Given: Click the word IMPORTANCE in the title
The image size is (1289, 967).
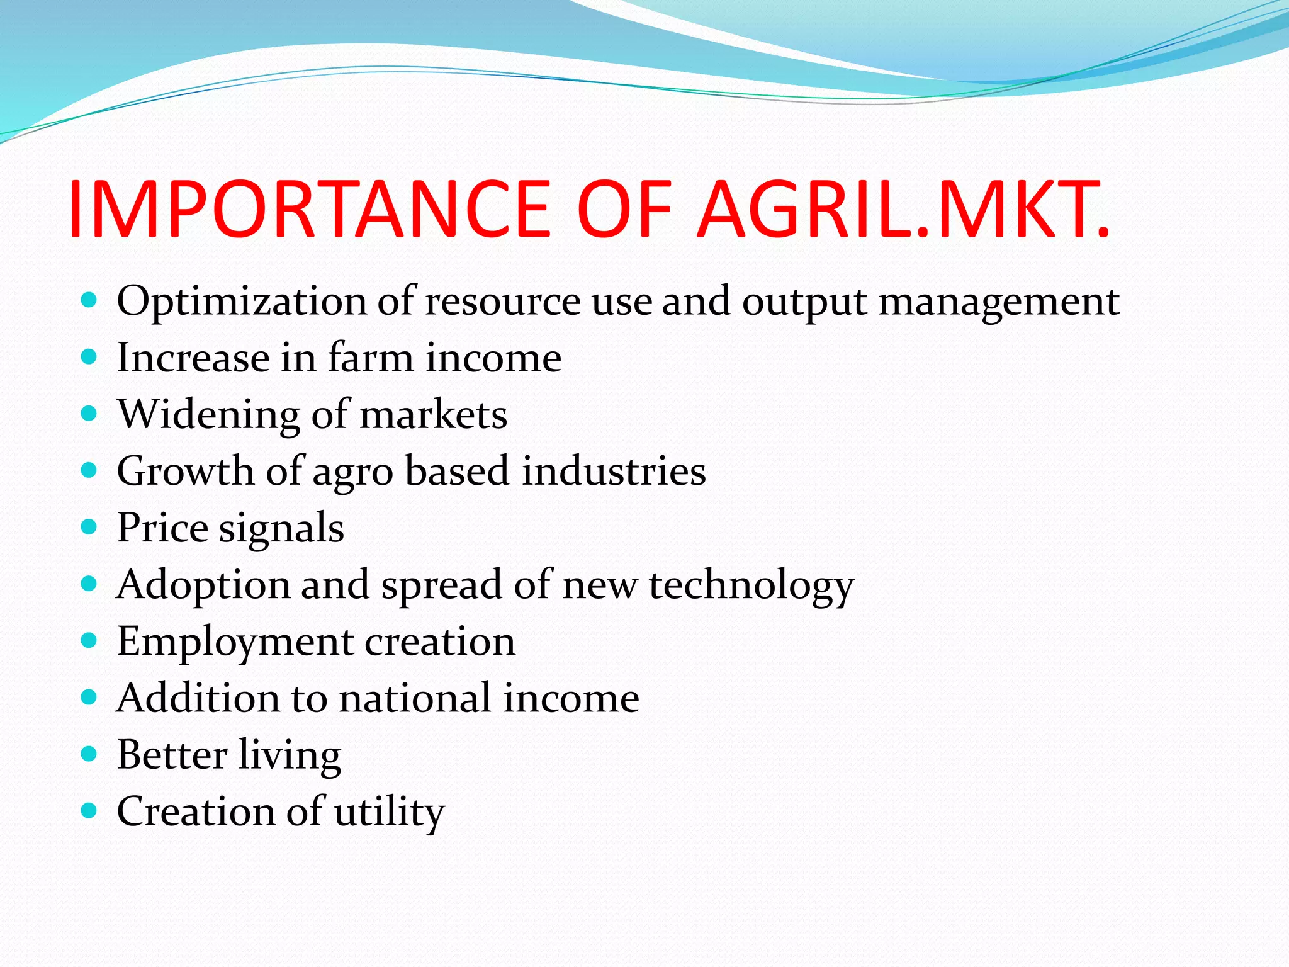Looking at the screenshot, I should click(308, 210).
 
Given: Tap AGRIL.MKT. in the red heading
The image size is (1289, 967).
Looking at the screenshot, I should click(903, 210).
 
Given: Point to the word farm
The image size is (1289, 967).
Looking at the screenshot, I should click(371, 358).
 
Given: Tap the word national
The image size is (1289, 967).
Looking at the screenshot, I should click(415, 698).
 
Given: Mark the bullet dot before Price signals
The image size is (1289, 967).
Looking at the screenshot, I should click(89, 527).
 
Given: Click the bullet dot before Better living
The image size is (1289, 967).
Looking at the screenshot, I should click(89, 754).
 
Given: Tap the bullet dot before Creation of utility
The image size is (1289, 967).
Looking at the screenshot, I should click(89, 810).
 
